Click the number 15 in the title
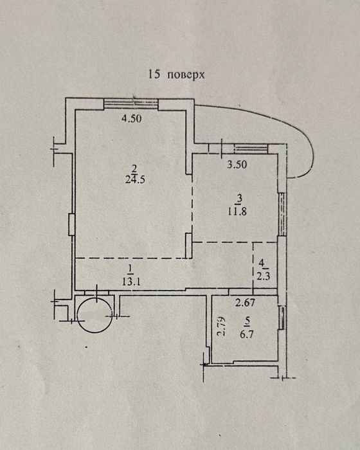(x=154, y=75)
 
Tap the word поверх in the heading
(x=186, y=75)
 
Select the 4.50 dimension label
(x=132, y=118)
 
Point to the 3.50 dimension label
(x=237, y=165)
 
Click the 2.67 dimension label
(x=245, y=302)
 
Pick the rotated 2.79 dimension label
(x=221, y=326)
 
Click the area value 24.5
(x=135, y=179)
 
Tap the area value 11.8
(x=237, y=212)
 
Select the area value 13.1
(x=131, y=282)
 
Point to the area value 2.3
(x=264, y=277)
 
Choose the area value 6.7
(x=247, y=334)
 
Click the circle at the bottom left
(x=94, y=315)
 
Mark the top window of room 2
(x=131, y=104)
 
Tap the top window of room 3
(x=251, y=148)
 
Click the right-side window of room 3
(x=282, y=214)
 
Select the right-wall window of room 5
(x=282, y=316)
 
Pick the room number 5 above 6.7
(x=247, y=323)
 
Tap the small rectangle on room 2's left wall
(x=71, y=224)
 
